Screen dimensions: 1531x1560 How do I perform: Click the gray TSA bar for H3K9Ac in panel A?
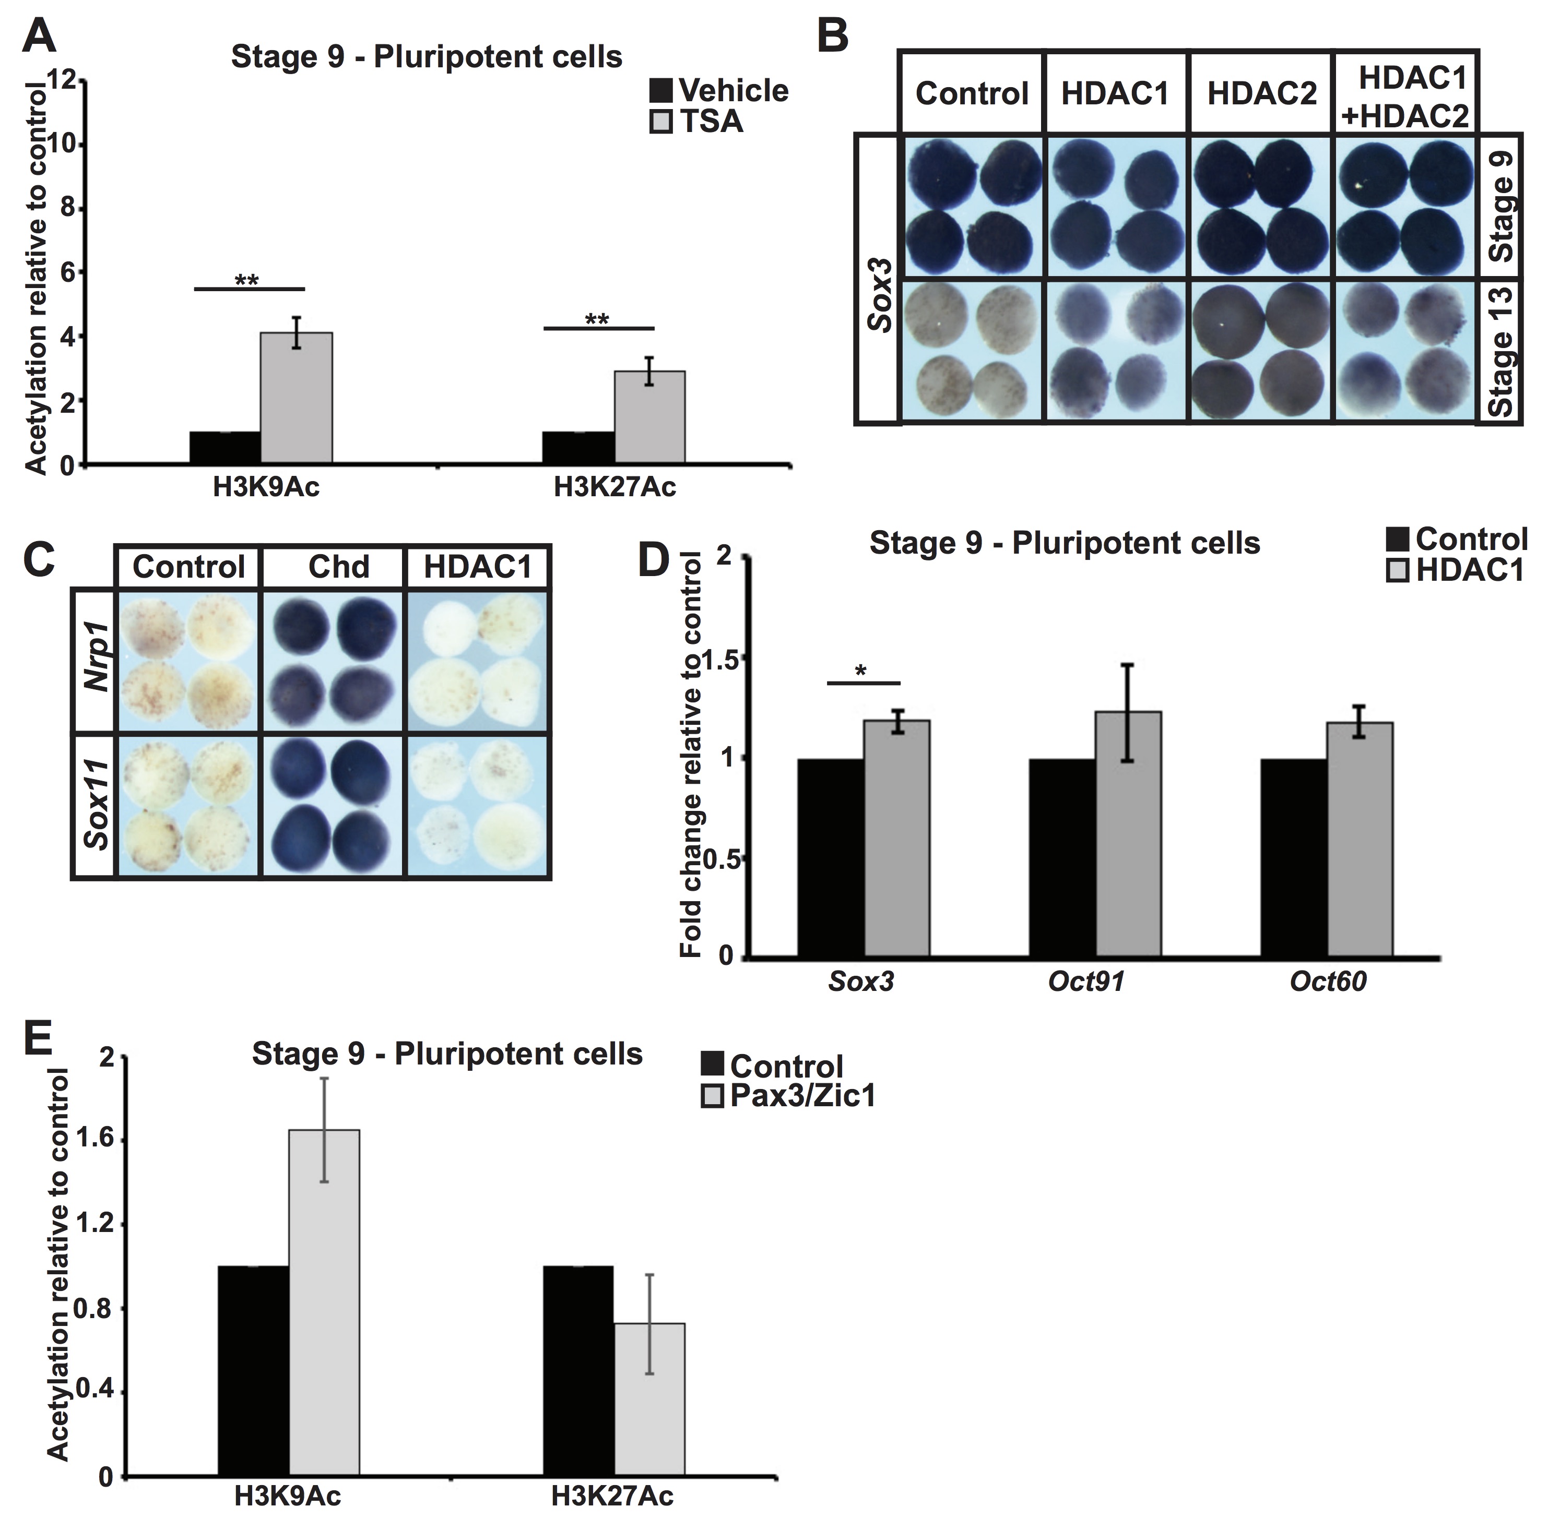pyautogui.click(x=296, y=398)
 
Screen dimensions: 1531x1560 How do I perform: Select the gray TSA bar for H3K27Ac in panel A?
pyautogui.click(x=649, y=416)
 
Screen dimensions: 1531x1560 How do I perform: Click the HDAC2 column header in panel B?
pyautogui.click(x=1261, y=93)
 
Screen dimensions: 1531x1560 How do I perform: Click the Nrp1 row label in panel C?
pyautogui.click(x=97, y=661)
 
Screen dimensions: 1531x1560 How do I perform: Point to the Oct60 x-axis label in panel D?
pyautogui.click(x=1328, y=982)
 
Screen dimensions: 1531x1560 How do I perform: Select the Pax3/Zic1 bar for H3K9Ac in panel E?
pyautogui.click(x=324, y=1302)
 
